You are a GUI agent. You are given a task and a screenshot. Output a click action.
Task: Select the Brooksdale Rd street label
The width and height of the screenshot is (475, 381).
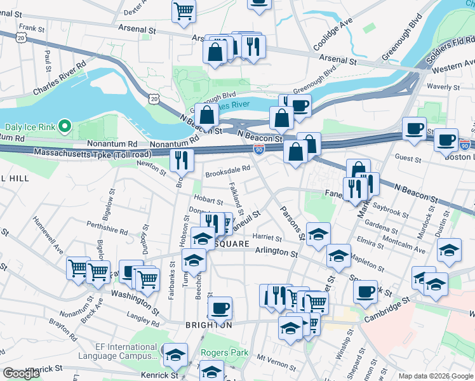(227, 169)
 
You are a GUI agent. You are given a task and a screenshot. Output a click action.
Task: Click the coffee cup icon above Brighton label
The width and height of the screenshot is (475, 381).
(220, 308)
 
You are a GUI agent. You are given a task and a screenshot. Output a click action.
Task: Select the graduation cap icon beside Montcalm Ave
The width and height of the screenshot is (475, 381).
(449, 251)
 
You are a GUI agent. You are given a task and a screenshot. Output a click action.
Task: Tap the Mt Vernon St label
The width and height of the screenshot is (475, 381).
(279, 359)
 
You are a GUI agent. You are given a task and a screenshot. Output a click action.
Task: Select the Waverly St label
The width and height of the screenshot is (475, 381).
(444, 87)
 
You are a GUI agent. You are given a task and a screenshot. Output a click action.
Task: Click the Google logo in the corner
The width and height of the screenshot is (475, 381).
(22, 373)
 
